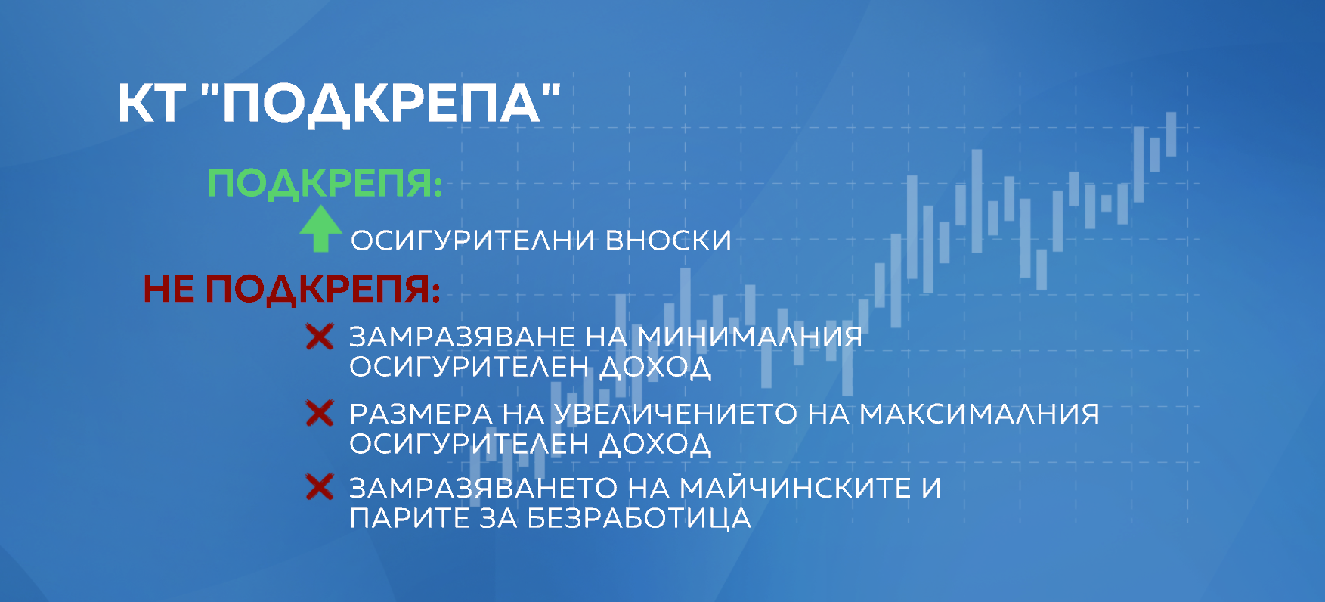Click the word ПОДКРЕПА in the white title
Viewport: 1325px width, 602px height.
click(382, 104)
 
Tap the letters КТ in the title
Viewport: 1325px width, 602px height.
click(151, 104)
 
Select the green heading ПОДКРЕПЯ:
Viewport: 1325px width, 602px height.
click(324, 183)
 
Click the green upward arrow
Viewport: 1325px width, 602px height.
click(320, 229)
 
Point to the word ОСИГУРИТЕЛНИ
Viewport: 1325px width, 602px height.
click(472, 240)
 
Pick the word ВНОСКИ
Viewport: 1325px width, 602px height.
click(668, 240)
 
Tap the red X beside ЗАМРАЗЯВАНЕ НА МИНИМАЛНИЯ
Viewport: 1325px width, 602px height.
click(320, 337)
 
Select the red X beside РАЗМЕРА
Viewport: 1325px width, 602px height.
click(320, 413)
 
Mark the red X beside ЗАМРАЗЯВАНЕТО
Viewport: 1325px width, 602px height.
click(320, 487)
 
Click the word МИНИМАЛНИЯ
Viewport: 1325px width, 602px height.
click(749, 337)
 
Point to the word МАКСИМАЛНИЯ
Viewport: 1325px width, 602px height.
click(979, 414)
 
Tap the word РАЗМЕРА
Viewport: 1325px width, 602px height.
click(420, 414)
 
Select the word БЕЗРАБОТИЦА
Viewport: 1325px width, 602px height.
click(639, 519)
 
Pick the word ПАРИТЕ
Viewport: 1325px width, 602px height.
click(409, 519)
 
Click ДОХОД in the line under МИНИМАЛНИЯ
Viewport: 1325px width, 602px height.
click(655, 368)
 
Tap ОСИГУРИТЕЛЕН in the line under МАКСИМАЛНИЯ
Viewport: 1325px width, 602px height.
click(469, 444)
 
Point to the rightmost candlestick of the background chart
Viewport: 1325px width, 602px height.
click(1171, 135)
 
